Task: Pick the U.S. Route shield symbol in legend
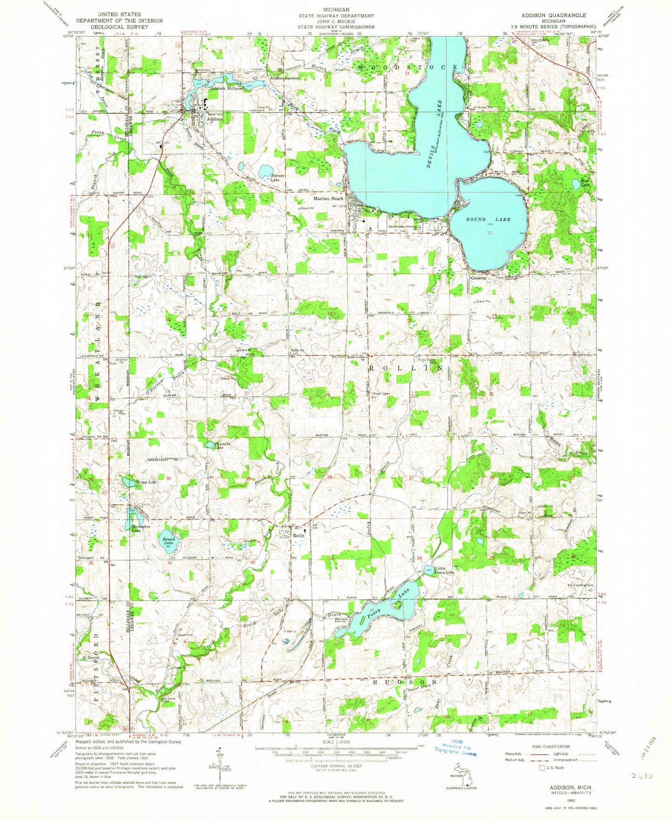(542, 768)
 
